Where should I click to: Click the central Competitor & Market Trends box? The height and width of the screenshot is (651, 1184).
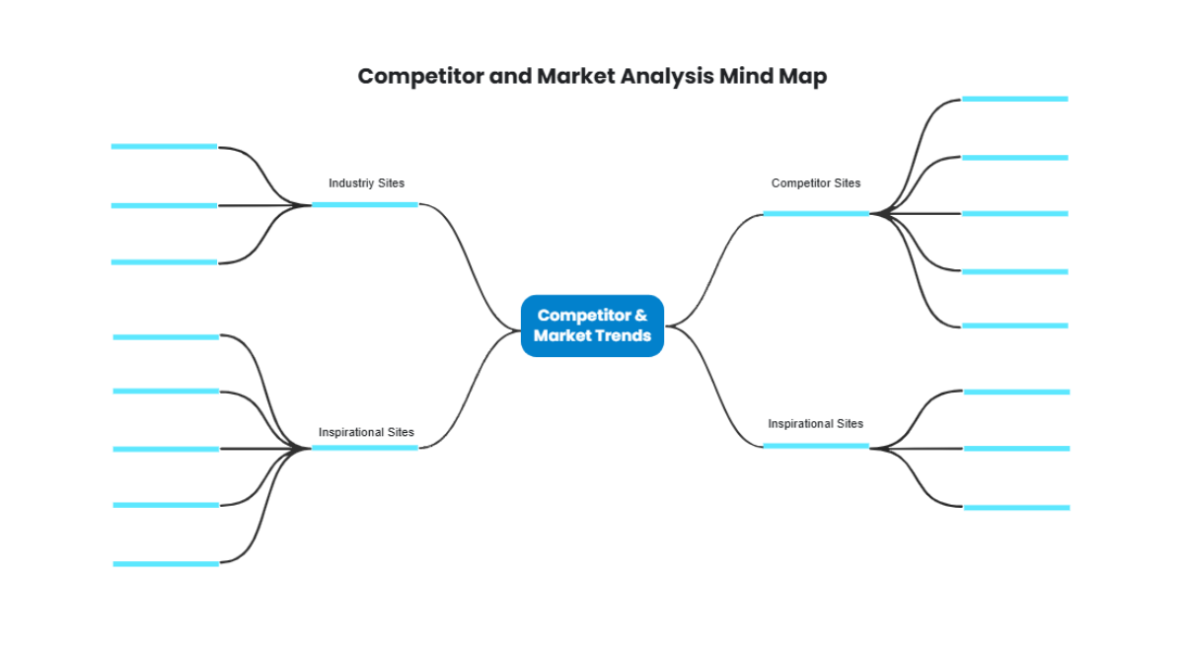592,325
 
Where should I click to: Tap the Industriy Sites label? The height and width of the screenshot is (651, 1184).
366,183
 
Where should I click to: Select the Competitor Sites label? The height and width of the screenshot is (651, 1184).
815,183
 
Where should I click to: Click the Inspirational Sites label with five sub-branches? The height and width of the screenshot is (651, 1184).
366,432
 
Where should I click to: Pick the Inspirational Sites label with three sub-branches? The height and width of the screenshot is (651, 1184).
815,424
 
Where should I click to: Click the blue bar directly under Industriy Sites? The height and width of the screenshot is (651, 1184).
365,204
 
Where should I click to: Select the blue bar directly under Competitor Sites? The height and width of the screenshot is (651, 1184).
816,213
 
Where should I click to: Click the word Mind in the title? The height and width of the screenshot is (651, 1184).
747,76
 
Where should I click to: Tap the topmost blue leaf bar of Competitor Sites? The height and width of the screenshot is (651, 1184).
1014,99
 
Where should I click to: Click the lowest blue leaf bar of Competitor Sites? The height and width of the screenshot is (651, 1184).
1014,325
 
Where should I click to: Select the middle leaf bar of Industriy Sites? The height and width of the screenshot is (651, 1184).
164,205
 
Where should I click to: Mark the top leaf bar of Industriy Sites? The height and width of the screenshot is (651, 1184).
164,146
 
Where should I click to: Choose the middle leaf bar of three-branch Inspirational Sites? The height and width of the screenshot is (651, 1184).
1016,449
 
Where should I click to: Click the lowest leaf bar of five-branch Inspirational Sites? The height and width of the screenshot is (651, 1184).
166,563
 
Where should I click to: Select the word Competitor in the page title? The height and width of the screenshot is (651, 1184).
420,76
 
